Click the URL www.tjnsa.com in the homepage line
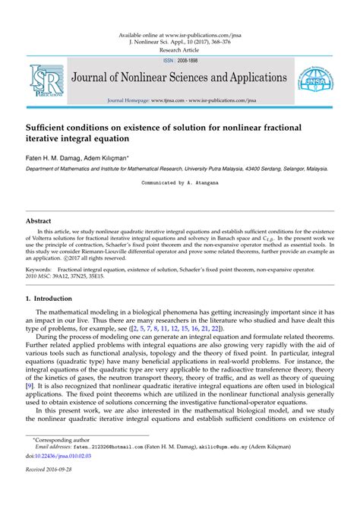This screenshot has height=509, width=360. pos(167,100)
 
